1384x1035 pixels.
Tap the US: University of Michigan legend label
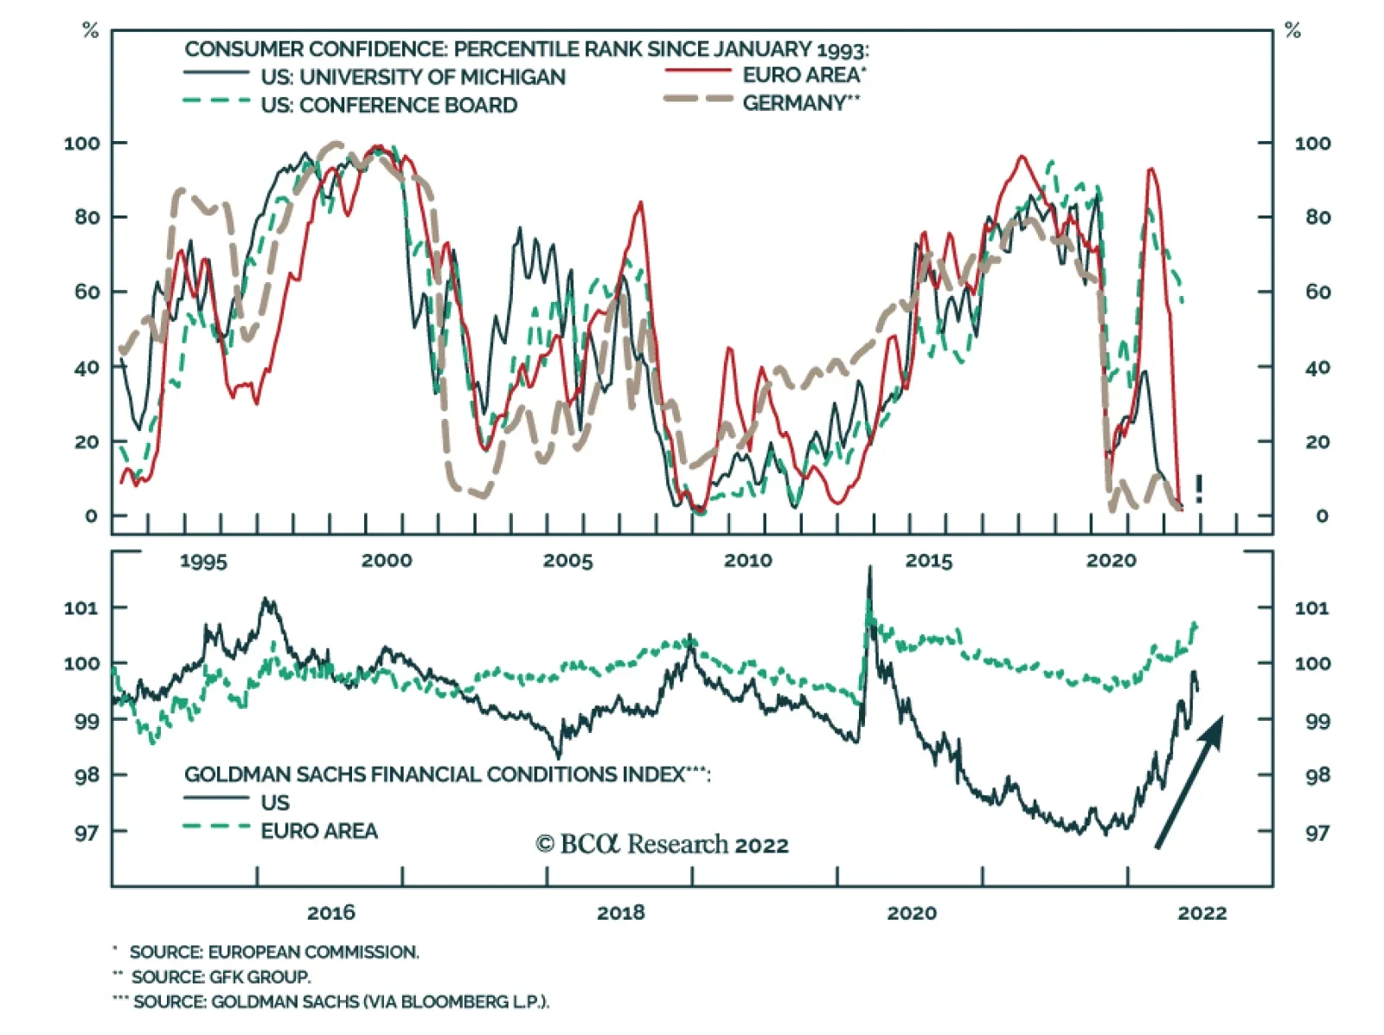(413, 77)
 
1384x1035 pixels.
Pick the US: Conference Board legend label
(388, 106)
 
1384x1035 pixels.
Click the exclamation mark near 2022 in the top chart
(1199, 489)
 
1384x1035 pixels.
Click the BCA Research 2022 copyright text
(662, 844)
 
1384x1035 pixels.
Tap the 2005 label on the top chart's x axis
(567, 561)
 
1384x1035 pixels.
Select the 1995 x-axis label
(203, 561)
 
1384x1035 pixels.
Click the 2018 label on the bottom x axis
(620, 912)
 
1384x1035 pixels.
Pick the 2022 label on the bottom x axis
(1201, 912)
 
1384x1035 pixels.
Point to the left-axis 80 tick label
(86, 217)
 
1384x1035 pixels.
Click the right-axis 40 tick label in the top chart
(1317, 368)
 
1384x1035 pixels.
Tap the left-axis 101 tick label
(81, 607)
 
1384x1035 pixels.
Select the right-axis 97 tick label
(1317, 832)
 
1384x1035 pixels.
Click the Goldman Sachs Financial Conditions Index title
(446, 775)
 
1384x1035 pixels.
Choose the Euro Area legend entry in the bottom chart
(319, 831)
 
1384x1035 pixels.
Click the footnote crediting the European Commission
(273, 952)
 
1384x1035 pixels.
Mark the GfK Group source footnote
(220, 977)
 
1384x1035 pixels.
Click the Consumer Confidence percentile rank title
(526, 49)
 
